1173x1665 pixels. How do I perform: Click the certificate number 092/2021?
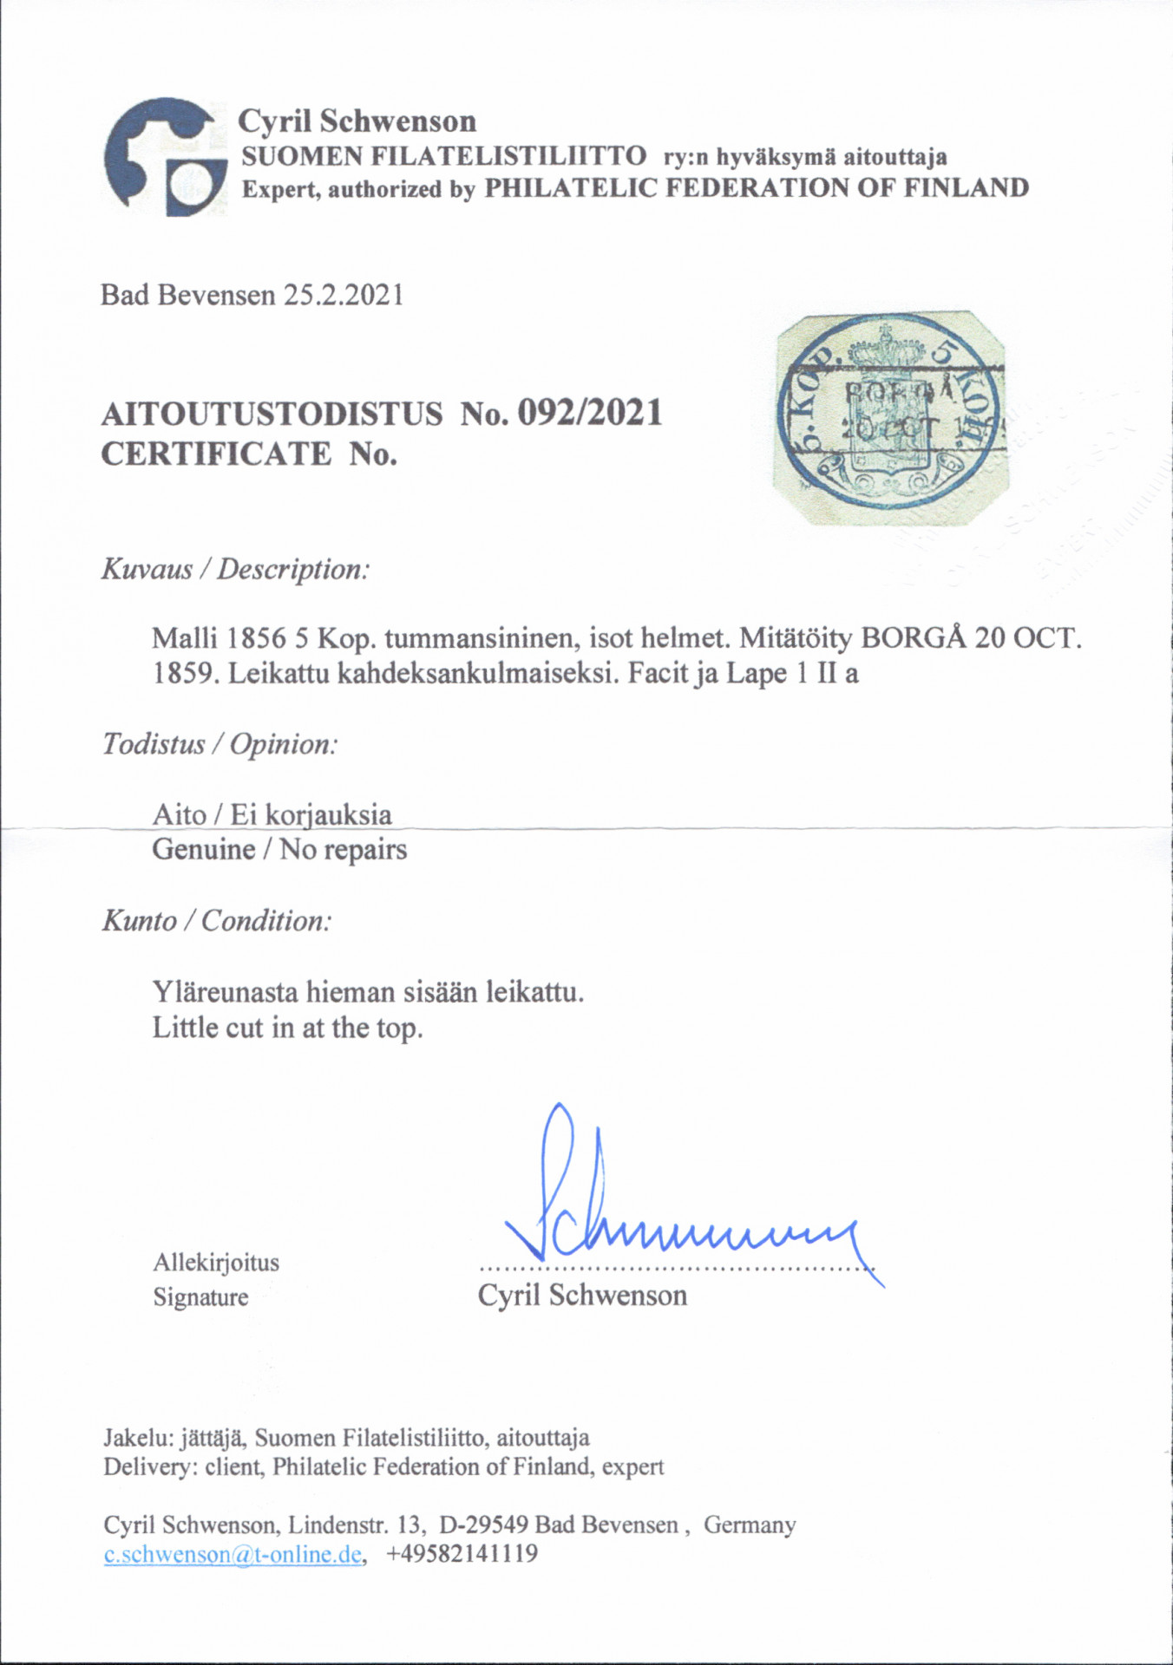pyautogui.click(x=589, y=413)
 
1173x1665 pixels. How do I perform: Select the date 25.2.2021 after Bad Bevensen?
pyautogui.click(x=344, y=296)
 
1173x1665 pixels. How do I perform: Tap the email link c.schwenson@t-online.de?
pyautogui.click(x=232, y=1553)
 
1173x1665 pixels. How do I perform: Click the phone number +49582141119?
pyautogui.click(x=462, y=1553)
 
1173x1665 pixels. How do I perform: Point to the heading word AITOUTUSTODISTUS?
pyautogui.click(x=272, y=414)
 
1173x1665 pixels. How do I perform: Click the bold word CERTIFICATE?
pyautogui.click(x=216, y=454)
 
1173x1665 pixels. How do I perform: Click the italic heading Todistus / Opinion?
pyautogui.click(x=220, y=744)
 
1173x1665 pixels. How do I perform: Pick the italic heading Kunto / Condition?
pyautogui.click(x=217, y=920)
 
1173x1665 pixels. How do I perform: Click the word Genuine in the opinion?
pyautogui.click(x=204, y=849)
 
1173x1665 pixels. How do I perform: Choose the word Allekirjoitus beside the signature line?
pyautogui.click(x=216, y=1262)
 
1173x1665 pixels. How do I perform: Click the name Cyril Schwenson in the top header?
pyautogui.click(x=357, y=121)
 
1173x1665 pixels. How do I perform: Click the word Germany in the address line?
pyautogui.click(x=750, y=1525)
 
